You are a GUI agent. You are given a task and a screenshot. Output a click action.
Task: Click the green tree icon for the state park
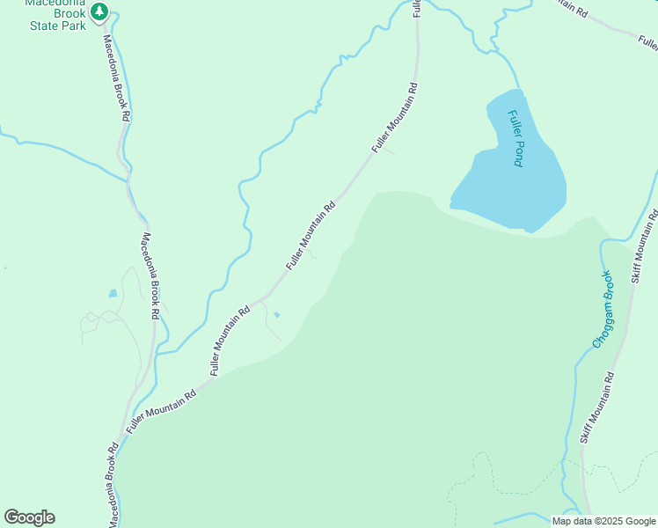click(x=100, y=11)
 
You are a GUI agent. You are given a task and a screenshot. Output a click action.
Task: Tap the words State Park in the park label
click(x=55, y=26)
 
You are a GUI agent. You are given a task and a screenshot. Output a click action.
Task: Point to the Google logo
click(x=29, y=517)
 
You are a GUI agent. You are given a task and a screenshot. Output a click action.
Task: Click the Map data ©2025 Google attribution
click(x=603, y=521)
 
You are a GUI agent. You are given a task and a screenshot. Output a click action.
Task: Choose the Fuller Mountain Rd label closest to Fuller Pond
click(x=394, y=118)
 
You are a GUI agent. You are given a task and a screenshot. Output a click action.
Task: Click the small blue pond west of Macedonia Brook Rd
click(x=112, y=293)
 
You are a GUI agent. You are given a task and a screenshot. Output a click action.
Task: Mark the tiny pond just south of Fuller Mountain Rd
click(x=277, y=314)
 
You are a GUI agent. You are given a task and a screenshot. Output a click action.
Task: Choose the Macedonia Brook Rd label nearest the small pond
click(x=149, y=275)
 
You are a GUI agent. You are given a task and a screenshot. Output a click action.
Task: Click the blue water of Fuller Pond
click(x=519, y=189)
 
